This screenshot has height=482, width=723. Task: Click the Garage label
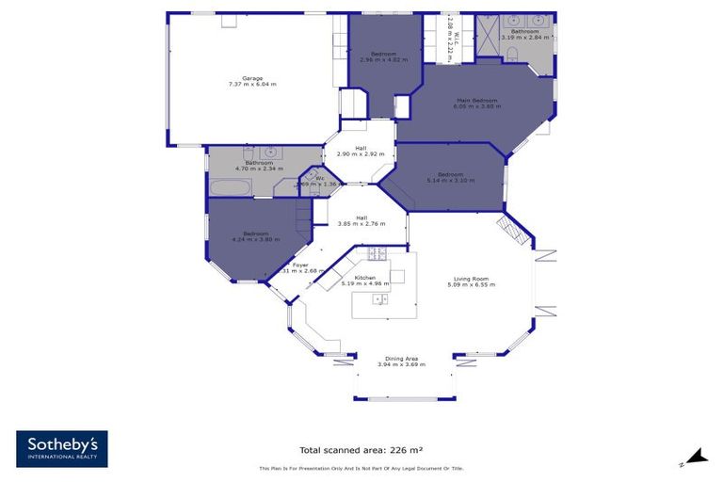tap(251, 78)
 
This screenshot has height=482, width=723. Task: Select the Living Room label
tap(472, 278)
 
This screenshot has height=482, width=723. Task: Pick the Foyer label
tap(300, 265)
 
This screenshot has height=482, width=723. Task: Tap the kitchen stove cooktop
tap(377, 252)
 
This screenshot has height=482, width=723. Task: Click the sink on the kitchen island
tap(380, 299)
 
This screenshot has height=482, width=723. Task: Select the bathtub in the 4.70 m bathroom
tap(228, 187)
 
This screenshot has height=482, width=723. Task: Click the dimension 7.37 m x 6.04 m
tap(251, 85)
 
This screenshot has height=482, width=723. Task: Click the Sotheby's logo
tap(61, 449)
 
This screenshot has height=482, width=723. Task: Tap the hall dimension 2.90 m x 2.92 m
tap(361, 153)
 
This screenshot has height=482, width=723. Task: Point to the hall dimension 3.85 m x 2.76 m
tap(361, 223)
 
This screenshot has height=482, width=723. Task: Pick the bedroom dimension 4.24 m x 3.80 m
tap(256, 239)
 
